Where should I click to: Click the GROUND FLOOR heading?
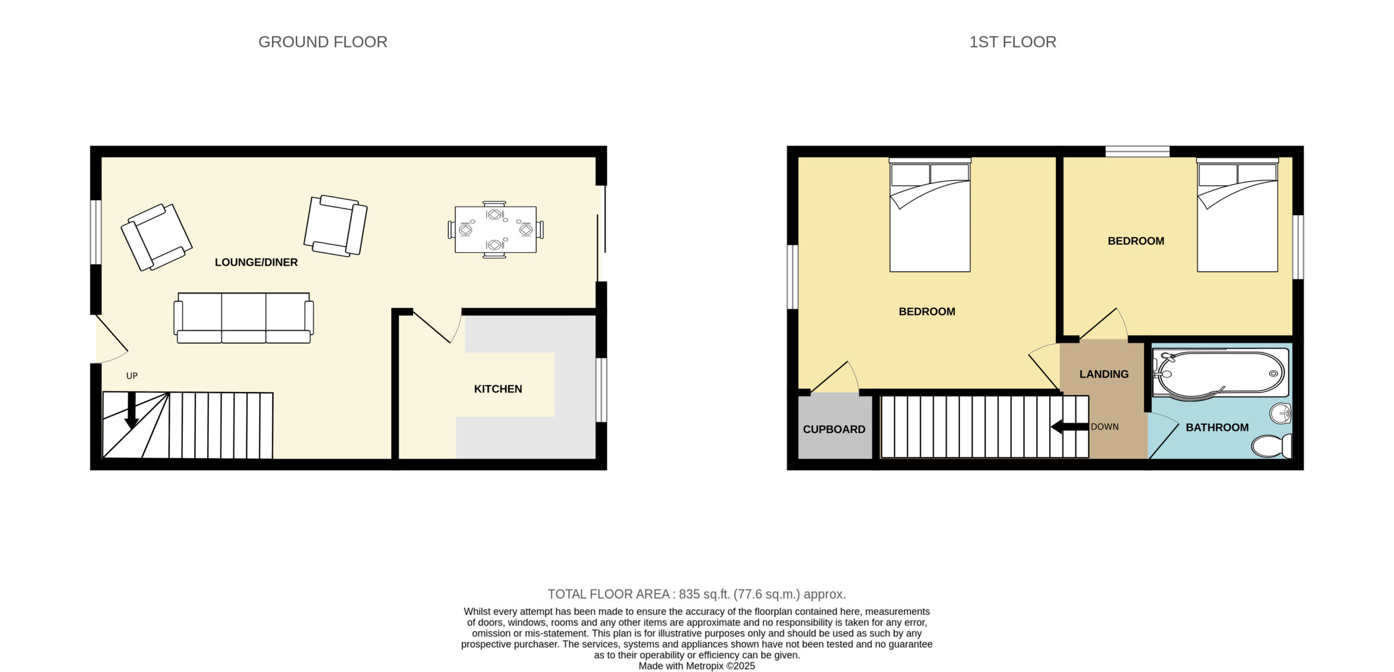(x=322, y=42)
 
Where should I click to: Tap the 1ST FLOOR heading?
(x=1012, y=42)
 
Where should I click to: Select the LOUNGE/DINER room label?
(x=256, y=262)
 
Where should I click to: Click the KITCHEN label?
(x=498, y=389)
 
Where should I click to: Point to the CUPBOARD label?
(x=834, y=429)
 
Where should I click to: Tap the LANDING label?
(x=1104, y=374)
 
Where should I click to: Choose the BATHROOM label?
(x=1217, y=427)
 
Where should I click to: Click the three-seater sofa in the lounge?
(x=243, y=318)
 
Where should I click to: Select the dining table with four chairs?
(x=496, y=229)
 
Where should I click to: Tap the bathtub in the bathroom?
(x=1220, y=373)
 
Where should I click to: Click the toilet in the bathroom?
(x=1271, y=446)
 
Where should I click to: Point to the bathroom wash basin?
(x=1281, y=413)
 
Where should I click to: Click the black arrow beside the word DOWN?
(x=1069, y=427)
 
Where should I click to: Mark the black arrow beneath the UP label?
(x=131, y=410)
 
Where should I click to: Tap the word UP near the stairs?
(x=132, y=376)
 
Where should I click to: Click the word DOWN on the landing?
(x=1104, y=427)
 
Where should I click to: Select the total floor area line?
(x=696, y=594)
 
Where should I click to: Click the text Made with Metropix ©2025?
(x=696, y=666)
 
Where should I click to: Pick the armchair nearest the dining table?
(x=335, y=225)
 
